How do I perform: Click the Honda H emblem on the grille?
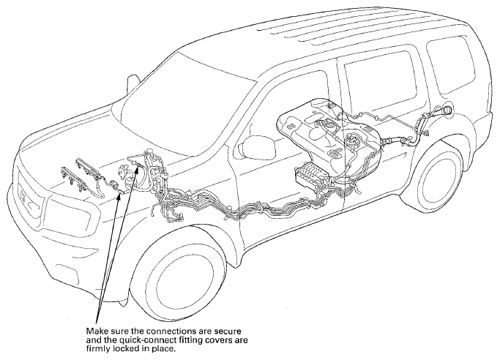(x=23, y=195)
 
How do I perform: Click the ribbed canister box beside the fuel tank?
(x=309, y=175)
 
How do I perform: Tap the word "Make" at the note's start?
(x=94, y=331)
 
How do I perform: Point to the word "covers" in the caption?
(x=218, y=340)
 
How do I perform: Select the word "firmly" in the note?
(x=97, y=348)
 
